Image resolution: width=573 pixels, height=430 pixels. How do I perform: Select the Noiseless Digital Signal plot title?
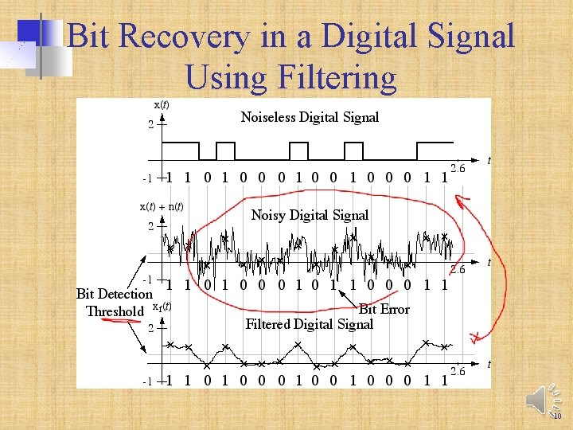(x=310, y=117)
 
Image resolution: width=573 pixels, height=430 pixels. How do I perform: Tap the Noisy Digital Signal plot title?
(x=310, y=215)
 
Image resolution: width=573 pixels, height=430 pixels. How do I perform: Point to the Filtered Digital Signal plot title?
(x=309, y=324)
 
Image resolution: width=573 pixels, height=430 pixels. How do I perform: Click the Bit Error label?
(x=384, y=309)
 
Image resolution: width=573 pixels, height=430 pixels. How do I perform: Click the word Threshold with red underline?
(x=115, y=311)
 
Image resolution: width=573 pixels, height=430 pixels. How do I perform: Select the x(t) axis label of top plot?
(x=161, y=104)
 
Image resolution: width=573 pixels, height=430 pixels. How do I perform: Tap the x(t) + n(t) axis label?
(x=162, y=206)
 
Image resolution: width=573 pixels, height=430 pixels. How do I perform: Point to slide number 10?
(x=557, y=416)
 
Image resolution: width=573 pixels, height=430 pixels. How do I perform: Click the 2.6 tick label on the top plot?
(x=458, y=168)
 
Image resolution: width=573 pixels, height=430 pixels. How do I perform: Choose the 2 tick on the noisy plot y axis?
(x=150, y=227)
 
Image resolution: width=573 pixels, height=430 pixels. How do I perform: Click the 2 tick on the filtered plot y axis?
(x=150, y=328)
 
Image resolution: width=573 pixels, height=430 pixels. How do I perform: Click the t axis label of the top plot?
(x=488, y=161)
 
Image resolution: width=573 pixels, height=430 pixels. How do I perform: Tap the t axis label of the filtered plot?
(x=488, y=364)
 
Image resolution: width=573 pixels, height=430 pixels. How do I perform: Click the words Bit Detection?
(x=114, y=294)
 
